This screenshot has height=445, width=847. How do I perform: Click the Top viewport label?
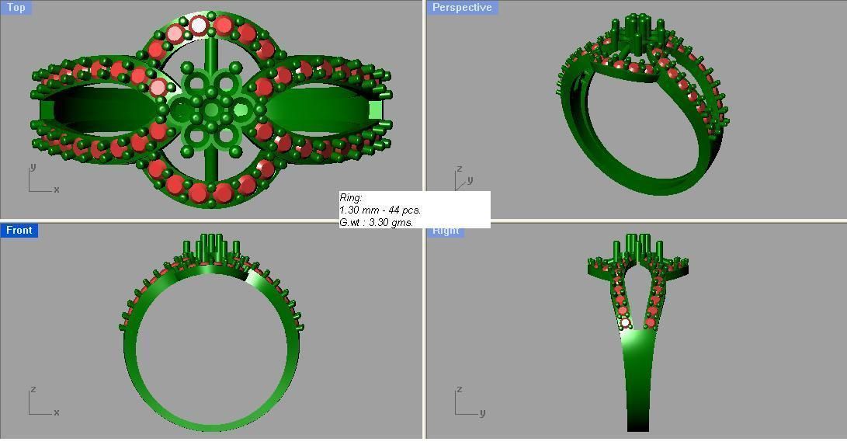pos(16,8)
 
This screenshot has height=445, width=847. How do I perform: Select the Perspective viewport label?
pos(462,8)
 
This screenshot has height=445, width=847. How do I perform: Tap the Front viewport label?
pos(19,230)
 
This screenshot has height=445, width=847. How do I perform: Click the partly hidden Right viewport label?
pos(446,231)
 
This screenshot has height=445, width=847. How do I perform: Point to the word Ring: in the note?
pos(351,198)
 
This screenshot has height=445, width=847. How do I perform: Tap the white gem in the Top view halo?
pos(199,26)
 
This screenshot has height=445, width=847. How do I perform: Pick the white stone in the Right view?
pos(625,323)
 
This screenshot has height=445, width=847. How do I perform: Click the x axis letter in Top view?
pos(57,189)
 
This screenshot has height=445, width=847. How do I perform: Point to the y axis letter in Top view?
pos(32,167)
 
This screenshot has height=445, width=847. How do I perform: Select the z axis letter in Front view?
pos(32,390)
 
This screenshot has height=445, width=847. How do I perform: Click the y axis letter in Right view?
pos(482,412)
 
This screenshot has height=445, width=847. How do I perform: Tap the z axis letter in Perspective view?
pos(460,169)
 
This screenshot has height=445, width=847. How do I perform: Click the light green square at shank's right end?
pos(377,110)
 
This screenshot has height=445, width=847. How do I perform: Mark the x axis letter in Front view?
pos(57,412)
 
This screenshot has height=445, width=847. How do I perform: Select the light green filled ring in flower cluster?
pos(240,110)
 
